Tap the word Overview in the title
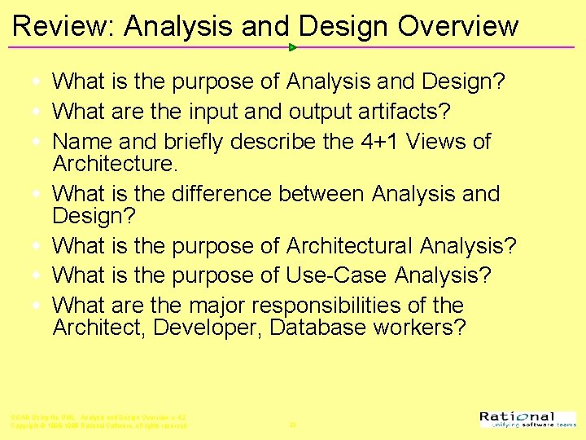457,26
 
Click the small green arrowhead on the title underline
293,47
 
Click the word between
322,194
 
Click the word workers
424,328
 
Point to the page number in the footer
292,425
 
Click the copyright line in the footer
98,425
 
